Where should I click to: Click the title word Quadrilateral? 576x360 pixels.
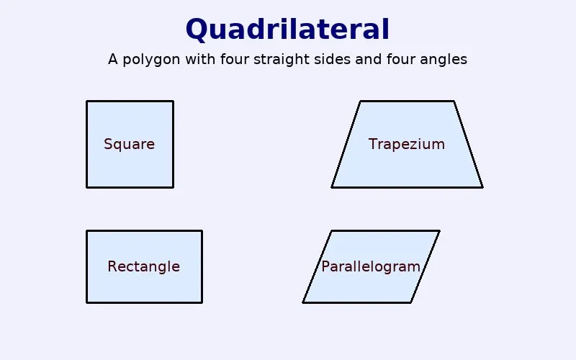pyautogui.click(x=287, y=30)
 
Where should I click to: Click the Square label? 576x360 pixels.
pyautogui.click(x=130, y=144)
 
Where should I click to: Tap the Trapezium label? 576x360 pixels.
pyautogui.click(x=407, y=144)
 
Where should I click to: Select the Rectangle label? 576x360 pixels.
pyautogui.click(x=144, y=266)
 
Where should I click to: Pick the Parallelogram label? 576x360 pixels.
pyautogui.click(x=371, y=266)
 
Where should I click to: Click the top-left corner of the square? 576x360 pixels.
pyautogui.click(x=87, y=101)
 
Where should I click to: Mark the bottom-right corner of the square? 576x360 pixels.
pyautogui.click(x=173, y=187)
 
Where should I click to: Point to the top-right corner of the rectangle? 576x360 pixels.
pyautogui.click(x=202, y=230)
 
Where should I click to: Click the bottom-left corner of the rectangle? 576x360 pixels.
pyautogui.click(x=87, y=302)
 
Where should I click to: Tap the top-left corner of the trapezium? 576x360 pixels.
pyautogui.click(x=360, y=101)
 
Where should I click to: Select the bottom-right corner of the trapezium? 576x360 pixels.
pyautogui.click(x=482, y=187)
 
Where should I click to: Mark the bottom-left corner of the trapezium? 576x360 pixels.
pyautogui.click(x=332, y=187)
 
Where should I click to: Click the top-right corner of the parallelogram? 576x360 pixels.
pyautogui.click(x=439, y=230)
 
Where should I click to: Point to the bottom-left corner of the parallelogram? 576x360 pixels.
pyautogui.click(x=303, y=302)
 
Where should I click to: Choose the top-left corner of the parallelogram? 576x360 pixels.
pyautogui.click(x=331, y=230)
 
